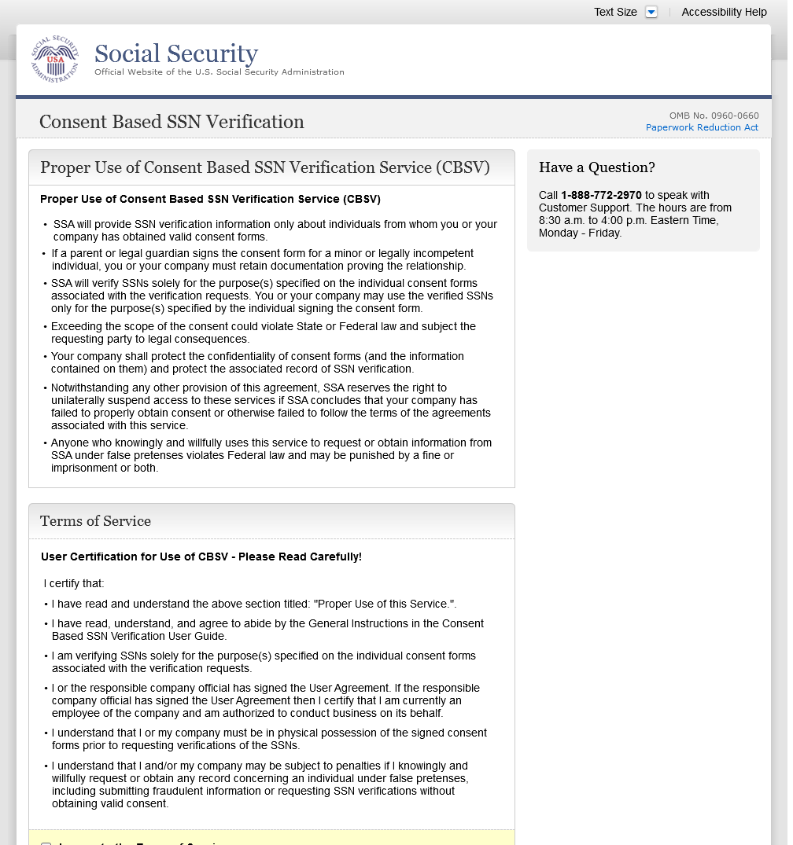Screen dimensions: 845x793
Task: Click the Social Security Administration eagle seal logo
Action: point(55,59)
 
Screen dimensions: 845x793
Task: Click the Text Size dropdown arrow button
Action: point(651,12)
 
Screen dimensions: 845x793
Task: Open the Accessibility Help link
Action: point(724,12)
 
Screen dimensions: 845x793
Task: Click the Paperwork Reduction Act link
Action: point(702,127)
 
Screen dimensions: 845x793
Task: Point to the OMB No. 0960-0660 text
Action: point(714,116)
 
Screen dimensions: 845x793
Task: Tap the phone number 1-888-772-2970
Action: point(601,195)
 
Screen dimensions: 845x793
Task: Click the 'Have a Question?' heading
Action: point(596,167)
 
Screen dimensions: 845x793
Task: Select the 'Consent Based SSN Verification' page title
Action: point(172,122)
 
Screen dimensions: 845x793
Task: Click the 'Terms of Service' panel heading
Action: point(95,521)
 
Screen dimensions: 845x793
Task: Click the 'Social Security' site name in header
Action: point(176,54)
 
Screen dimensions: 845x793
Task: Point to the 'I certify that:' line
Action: point(74,583)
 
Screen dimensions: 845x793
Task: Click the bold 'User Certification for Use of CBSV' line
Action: point(201,557)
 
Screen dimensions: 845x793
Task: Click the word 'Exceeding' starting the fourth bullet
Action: point(76,326)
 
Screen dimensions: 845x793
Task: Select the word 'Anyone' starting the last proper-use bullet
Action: point(68,443)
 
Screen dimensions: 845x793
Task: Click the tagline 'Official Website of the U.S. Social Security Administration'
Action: point(219,72)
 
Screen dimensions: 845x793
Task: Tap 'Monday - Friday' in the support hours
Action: point(580,233)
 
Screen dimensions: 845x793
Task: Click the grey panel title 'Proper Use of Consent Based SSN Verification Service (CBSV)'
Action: point(264,167)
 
